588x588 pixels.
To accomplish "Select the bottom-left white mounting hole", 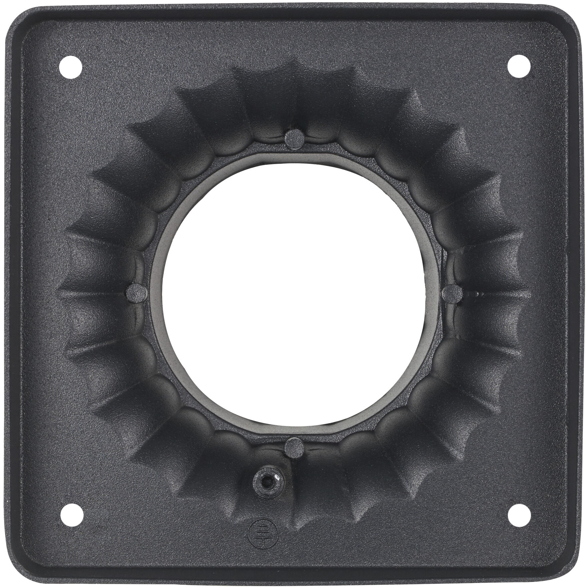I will click(x=72, y=514).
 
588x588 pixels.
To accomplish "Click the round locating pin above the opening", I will click(x=294, y=138).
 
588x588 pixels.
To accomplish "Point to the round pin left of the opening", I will click(x=137, y=293).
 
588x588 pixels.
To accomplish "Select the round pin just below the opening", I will click(x=294, y=448).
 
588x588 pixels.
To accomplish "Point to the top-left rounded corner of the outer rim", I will click(x=18, y=18).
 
